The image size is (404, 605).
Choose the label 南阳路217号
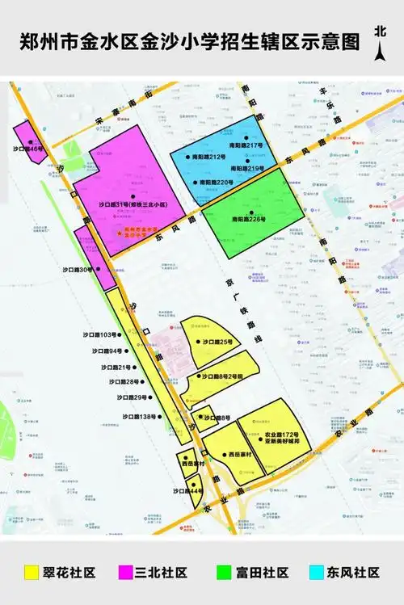[x=246, y=145]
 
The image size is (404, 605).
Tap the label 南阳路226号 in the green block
[x=248, y=219]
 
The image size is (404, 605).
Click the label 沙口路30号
[x=78, y=269]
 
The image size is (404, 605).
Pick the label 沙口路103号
[x=99, y=334]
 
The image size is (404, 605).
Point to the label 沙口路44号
[x=187, y=491]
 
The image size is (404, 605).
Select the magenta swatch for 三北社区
[x=126, y=573]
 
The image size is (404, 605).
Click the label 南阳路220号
[x=214, y=183]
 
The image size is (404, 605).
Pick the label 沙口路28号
[x=125, y=381]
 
